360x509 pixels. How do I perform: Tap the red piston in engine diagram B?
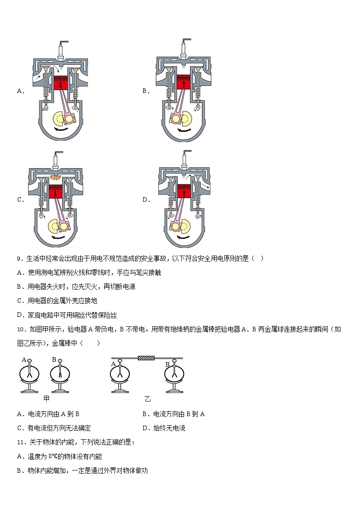tap(184, 83)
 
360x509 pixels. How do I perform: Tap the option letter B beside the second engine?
tap(146, 91)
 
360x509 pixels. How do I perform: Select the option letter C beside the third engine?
tap(20, 199)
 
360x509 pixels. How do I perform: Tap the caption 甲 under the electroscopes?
tap(46, 398)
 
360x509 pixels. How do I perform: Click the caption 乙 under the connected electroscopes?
tap(147, 399)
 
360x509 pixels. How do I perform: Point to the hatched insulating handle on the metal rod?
tap(146, 358)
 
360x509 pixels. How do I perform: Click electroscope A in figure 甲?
tap(29, 375)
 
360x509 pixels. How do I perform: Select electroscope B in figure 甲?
tap(59, 375)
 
